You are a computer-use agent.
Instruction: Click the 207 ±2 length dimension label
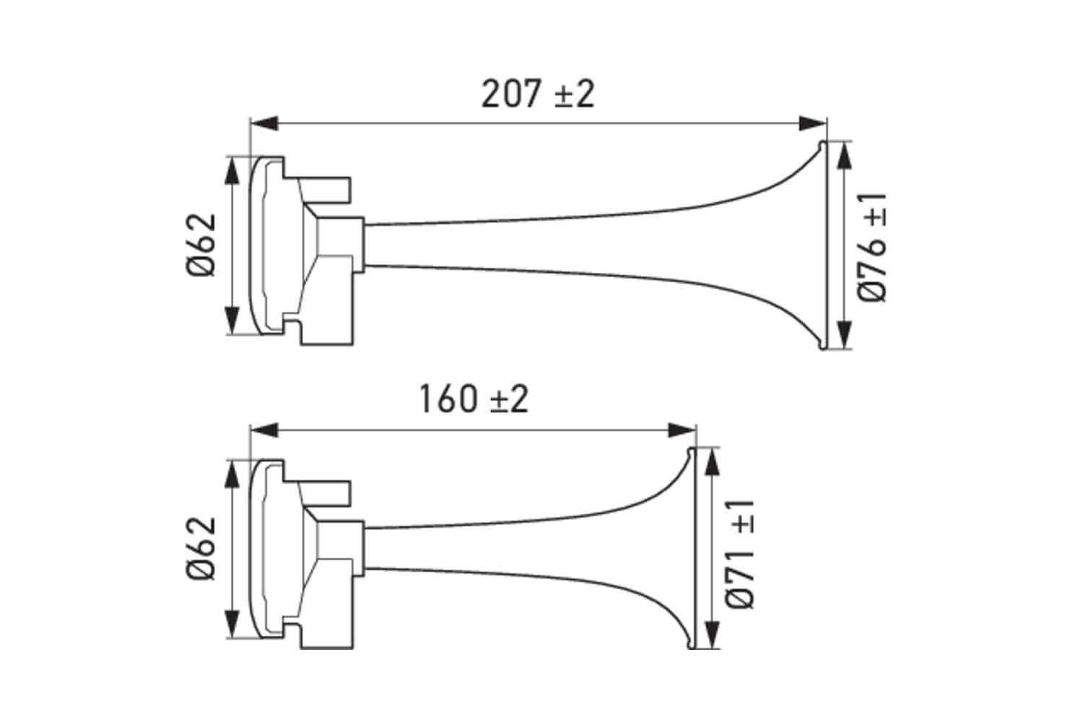[538, 94]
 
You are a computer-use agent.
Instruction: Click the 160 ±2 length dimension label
[474, 399]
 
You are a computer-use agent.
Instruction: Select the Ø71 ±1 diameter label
[741, 553]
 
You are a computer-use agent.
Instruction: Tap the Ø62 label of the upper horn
[201, 245]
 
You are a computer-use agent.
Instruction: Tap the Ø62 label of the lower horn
[201, 548]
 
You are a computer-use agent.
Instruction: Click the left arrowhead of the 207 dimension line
[264, 123]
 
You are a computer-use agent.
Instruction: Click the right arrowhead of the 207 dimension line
[812, 123]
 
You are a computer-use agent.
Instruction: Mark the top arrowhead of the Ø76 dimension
[843, 155]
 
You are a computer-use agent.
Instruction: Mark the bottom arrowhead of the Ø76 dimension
[843, 336]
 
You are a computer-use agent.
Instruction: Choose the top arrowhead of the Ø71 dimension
[711, 462]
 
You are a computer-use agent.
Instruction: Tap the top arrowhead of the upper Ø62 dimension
[232, 170]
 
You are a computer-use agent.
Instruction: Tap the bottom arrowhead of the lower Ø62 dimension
[232, 625]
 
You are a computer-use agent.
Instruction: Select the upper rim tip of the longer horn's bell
[822, 144]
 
